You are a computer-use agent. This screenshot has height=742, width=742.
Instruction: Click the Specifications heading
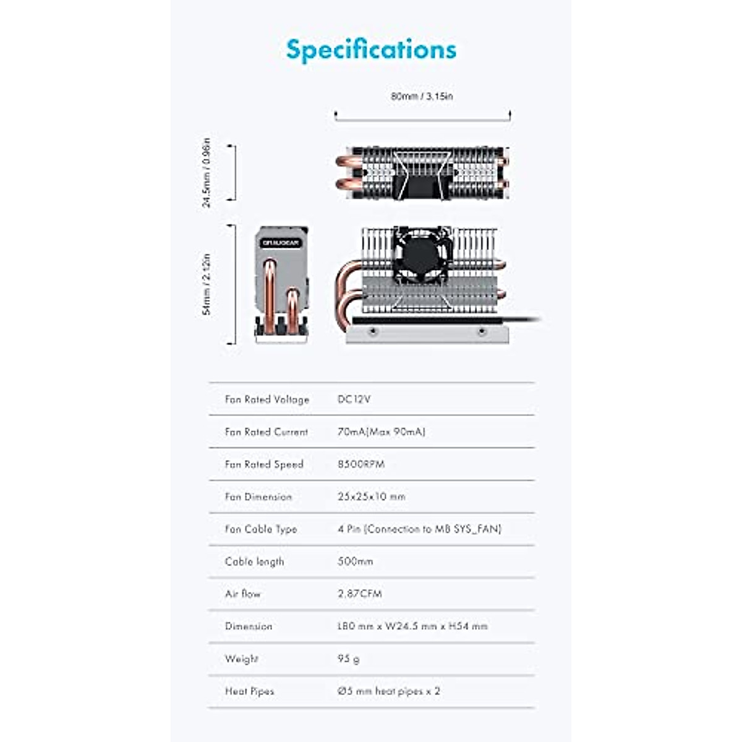click(371, 49)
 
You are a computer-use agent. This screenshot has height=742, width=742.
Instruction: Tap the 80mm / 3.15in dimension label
click(422, 96)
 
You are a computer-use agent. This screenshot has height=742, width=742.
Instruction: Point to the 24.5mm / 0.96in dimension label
click(207, 173)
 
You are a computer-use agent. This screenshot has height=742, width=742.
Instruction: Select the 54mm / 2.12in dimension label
click(207, 284)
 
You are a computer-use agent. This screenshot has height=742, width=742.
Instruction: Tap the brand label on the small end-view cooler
click(281, 243)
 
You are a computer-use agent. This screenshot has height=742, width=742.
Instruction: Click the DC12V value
click(354, 399)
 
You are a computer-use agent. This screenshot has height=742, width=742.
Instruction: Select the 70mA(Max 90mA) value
click(382, 432)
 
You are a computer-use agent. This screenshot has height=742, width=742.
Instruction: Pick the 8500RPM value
click(361, 464)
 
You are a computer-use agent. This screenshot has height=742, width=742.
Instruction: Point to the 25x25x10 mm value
click(372, 497)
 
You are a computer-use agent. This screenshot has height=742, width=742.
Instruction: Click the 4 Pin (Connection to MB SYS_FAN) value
click(419, 529)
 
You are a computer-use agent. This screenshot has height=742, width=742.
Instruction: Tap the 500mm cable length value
click(356, 561)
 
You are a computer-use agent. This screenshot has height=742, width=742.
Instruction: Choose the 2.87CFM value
click(360, 594)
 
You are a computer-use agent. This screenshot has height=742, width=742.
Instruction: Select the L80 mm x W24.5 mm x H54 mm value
click(412, 626)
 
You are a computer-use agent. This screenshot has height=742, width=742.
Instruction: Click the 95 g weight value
click(349, 659)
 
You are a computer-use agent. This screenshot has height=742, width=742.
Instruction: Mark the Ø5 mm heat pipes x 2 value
click(389, 691)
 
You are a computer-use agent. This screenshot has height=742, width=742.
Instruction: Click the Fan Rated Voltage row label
click(267, 399)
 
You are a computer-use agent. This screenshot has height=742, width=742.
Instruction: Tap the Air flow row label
click(243, 594)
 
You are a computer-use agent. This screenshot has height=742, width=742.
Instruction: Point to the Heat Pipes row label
click(250, 691)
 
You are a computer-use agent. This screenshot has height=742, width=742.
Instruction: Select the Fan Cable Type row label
click(261, 529)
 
